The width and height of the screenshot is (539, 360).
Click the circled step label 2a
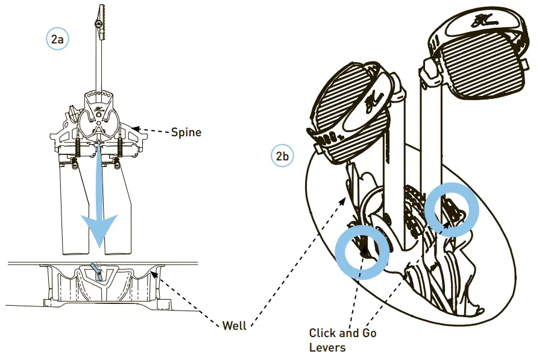[x=58, y=39]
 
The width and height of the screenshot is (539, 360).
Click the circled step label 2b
[x=282, y=156]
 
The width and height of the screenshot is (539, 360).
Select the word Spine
[x=186, y=131]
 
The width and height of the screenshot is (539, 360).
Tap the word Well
[x=235, y=326]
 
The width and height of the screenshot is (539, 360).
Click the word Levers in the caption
[x=327, y=348]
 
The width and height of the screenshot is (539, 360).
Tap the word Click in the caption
[x=323, y=333]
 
